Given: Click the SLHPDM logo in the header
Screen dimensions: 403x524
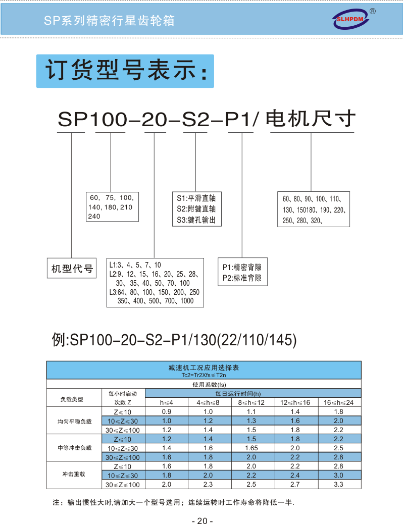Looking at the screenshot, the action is pos(350,19).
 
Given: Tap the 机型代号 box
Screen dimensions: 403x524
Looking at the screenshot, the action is pos(72,268).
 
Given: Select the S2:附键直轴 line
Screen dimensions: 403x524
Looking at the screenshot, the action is pos(196,209).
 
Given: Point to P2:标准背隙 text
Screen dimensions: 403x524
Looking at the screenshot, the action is pos(242,278).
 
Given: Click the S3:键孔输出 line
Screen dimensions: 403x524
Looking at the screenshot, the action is pos(196,220).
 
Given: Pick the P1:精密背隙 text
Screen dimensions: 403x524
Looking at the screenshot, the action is pos(242,268).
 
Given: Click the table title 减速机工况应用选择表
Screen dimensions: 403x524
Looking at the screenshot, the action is pos(204,368).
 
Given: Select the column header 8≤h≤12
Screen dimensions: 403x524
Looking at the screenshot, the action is pos(251,403).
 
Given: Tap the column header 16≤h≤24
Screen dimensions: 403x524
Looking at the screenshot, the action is pos(338,403).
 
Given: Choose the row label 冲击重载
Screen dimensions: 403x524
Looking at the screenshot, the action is pos(74,474).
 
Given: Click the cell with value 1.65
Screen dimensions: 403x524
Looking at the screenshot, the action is pos(251,448).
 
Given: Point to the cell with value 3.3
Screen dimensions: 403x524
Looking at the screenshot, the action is pos(338,484).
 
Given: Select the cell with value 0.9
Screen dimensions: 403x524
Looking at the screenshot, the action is pos(166,412).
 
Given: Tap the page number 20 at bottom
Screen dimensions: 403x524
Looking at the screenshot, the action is pos(203,520).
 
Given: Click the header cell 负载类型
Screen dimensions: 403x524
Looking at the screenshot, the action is pos(72,399).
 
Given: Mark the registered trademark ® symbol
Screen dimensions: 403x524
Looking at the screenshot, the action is pos(373,11).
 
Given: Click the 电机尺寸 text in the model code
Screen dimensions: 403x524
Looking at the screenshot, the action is pos(311,119).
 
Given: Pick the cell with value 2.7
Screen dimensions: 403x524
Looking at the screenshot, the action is pos(295,484).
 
